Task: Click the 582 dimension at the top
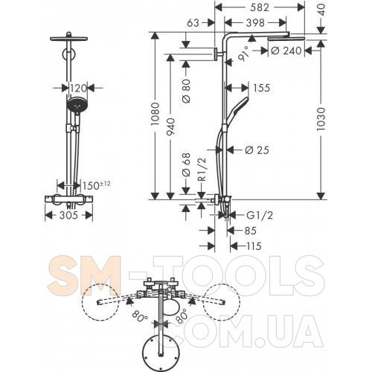(260, 7)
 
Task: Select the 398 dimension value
(255, 23)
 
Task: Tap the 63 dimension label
(193, 23)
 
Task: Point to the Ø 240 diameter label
(286, 51)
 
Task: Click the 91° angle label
(244, 54)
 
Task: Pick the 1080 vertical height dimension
(155, 114)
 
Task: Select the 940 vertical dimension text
(170, 126)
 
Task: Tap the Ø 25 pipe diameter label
(257, 150)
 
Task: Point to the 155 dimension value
(261, 88)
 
